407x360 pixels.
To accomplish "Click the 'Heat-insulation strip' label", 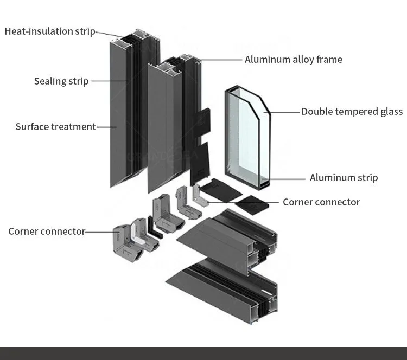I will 50,31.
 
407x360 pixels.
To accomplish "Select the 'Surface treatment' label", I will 55,127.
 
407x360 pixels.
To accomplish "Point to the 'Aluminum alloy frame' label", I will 293,59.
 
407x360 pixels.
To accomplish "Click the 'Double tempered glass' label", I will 352,112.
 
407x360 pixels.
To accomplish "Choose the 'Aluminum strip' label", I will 344,177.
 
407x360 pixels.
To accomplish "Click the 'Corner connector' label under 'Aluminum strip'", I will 321,202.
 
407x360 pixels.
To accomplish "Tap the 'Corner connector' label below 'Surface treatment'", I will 47,232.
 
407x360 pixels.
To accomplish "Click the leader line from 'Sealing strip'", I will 109,82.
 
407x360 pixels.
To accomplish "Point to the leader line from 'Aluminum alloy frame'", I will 220,59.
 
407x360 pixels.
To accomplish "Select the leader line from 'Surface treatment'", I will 106,127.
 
